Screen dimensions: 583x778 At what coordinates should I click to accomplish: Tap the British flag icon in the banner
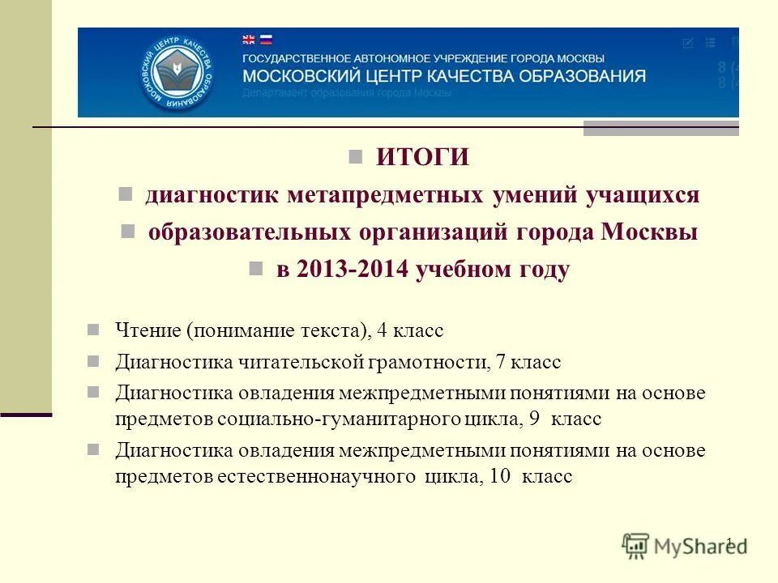point(249,39)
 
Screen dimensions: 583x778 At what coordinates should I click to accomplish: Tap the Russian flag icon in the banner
point(265,39)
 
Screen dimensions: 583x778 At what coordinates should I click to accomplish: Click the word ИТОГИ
point(422,157)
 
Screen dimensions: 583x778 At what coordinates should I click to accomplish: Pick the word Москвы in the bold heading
point(649,232)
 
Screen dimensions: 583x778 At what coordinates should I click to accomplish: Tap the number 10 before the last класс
point(500,477)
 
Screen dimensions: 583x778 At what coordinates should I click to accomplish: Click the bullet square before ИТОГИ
point(354,156)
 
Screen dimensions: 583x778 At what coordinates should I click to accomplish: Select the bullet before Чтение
point(93,330)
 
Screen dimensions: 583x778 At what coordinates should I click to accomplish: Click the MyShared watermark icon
point(636,546)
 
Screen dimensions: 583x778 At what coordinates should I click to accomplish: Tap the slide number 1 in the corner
point(729,543)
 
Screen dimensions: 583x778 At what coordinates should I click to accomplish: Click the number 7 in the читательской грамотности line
point(502,362)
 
